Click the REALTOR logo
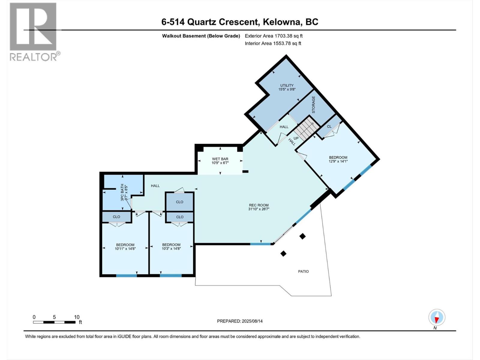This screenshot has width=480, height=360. click(x=33, y=31)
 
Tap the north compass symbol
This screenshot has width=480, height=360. click(x=437, y=317)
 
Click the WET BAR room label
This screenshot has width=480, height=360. click(x=220, y=159)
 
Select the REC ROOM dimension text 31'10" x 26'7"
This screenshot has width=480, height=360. click(x=259, y=209)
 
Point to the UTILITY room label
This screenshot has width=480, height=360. click(x=287, y=85)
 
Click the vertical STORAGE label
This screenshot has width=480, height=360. click(x=313, y=104)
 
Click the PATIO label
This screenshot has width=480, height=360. click(x=303, y=271)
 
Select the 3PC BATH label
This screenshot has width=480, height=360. click(x=122, y=192)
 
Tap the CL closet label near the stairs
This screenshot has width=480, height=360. click(x=329, y=126)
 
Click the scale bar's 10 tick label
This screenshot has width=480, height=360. click(x=76, y=317)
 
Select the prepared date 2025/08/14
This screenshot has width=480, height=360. click(x=252, y=321)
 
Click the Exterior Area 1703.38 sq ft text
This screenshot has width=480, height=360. click(x=274, y=36)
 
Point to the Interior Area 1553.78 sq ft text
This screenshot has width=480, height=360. click(x=273, y=43)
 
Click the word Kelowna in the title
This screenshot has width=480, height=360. click(x=282, y=22)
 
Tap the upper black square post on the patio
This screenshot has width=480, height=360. click(x=302, y=236)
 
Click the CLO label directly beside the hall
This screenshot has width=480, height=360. click(x=179, y=202)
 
